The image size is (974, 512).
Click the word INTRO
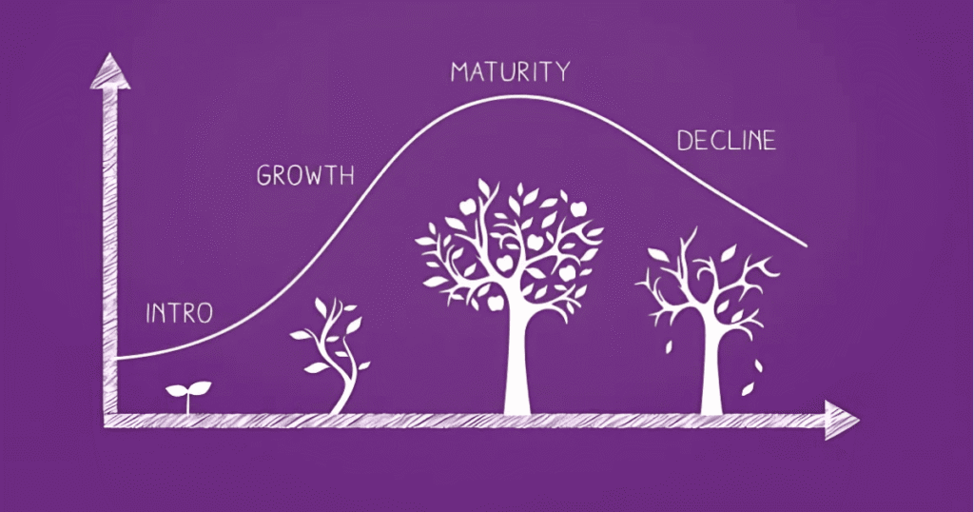pyautogui.click(x=179, y=312)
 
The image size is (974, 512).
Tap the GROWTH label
pyautogui.click(x=305, y=176)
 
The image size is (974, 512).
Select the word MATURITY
pyautogui.click(x=510, y=71)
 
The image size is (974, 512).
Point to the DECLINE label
pyautogui.click(x=726, y=141)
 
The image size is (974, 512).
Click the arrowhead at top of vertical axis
pyautogui.click(x=110, y=70)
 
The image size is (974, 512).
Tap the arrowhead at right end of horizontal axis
pyautogui.click(x=841, y=421)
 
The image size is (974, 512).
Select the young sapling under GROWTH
pyautogui.click(x=331, y=355)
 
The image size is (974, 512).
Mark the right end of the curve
pyautogui.click(x=807, y=246)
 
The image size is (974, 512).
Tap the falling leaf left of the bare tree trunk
pyautogui.click(x=669, y=346)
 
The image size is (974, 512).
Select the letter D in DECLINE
pyautogui.click(x=684, y=141)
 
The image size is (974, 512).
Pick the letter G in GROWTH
pyautogui.click(x=265, y=176)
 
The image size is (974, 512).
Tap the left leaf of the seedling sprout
pyautogui.click(x=176, y=391)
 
